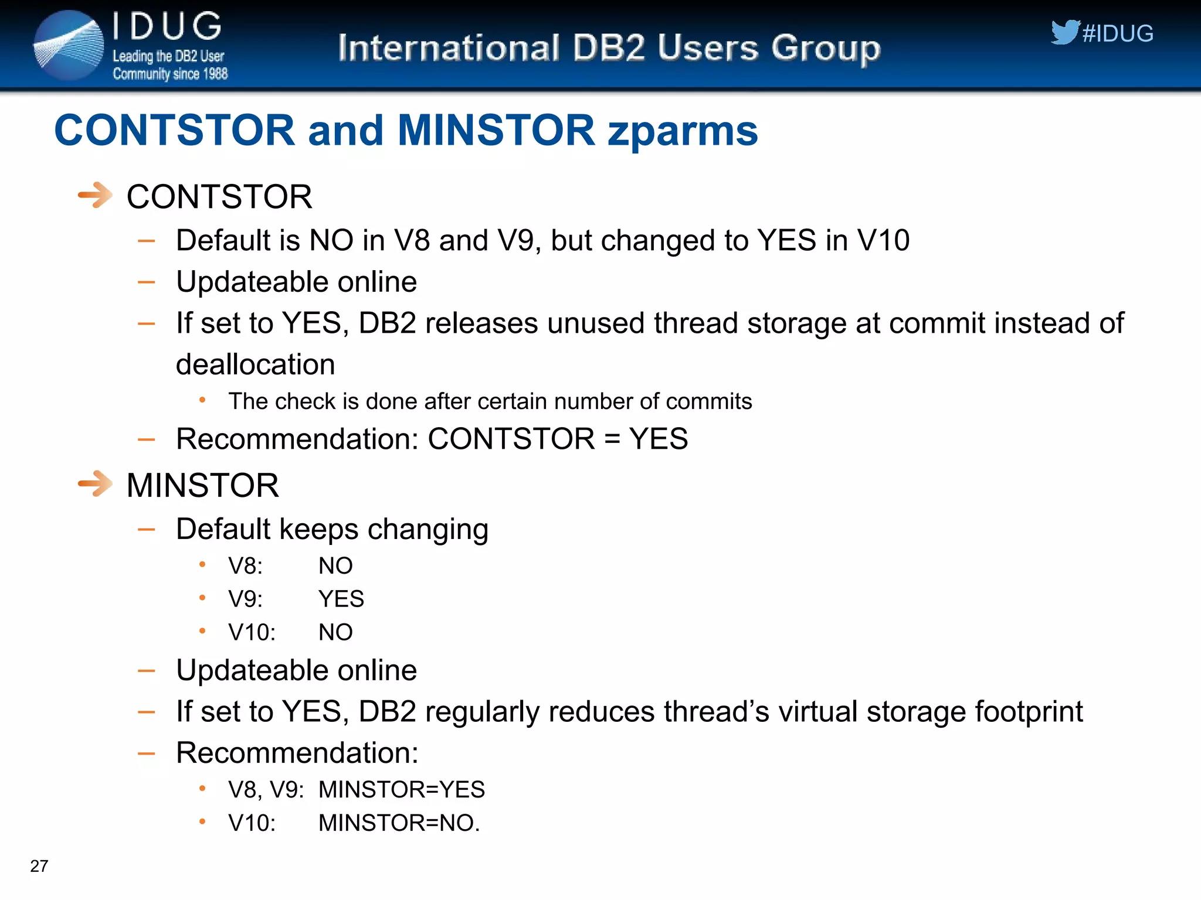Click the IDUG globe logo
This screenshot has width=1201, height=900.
[x=68, y=45]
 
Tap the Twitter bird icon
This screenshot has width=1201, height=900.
[x=1064, y=32]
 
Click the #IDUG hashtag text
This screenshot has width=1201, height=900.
[x=1118, y=34]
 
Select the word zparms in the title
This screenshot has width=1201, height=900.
[x=683, y=131]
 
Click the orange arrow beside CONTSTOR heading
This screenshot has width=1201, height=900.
[x=95, y=195]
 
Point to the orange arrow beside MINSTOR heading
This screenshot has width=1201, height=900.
[x=95, y=484]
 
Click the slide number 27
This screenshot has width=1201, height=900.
[x=39, y=866]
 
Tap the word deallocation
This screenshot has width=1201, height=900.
[x=256, y=364]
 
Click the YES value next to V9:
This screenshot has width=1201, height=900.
[x=341, y=599]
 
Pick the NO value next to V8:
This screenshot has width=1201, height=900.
[x=335, y=566]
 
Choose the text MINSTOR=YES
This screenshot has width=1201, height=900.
[x=401, y=790]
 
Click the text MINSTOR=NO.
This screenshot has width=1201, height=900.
[x=399, y=823]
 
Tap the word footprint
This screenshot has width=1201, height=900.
[x=1029, y=712]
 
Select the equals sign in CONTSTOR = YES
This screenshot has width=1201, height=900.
[x=612, y=439]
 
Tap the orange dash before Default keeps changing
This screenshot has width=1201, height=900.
[x=146, y=530]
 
